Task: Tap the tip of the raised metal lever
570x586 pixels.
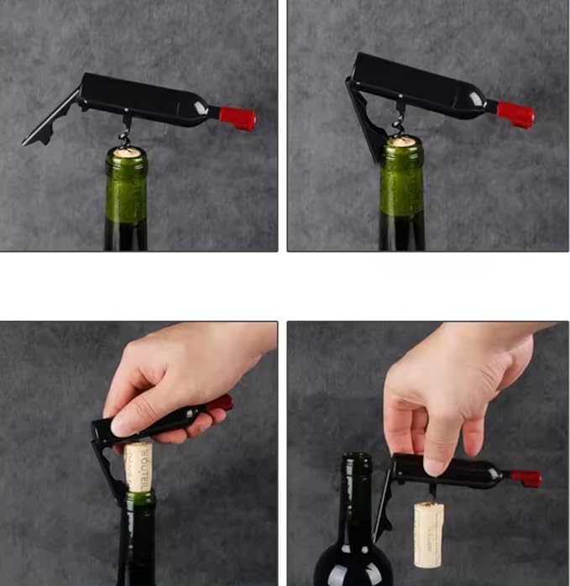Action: [28, 141]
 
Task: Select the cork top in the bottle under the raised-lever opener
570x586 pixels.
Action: [127, 153]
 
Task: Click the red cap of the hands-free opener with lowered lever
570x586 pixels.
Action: [515, 114]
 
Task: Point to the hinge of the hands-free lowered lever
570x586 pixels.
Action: [352, 83]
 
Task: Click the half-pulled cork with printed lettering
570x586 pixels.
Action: [139, 466]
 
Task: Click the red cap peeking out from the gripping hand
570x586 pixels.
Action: [221, 403]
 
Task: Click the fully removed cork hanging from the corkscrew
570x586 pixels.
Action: [428, 533]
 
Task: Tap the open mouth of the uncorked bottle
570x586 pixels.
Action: [357, 458]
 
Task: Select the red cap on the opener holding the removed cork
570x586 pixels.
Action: [527, 479]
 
